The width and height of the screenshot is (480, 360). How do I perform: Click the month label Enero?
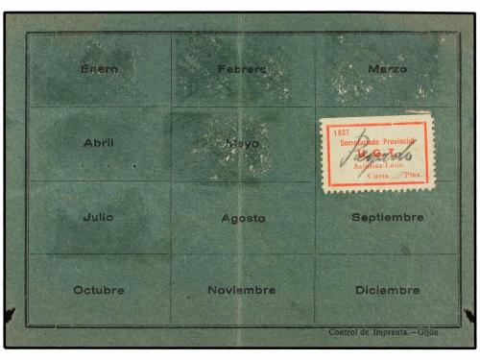(99, 69)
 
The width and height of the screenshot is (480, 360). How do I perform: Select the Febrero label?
(242, 69)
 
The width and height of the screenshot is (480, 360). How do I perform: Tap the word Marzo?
(387, 69)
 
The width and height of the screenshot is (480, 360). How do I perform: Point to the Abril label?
(98, 143)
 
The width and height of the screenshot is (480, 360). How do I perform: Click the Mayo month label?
(242, 144)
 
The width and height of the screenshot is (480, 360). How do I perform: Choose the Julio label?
(98, 217)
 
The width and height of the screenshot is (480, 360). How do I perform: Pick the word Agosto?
(243, 218)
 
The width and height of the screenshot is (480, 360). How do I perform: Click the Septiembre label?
(387, 217)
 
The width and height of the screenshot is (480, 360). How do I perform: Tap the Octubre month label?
(99, 290)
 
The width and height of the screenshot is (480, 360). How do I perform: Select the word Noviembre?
(242, 290)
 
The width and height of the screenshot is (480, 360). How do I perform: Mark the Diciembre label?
(387, 290)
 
